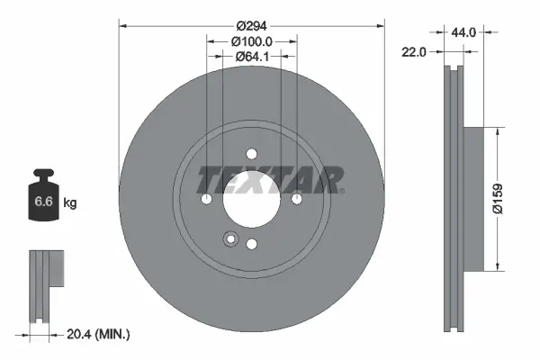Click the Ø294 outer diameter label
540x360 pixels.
252,25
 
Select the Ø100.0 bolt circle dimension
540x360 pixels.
252,41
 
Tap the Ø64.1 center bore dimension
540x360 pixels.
252,58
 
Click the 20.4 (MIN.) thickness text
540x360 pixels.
100,334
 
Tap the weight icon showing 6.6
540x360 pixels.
43,200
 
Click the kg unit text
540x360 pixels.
70,204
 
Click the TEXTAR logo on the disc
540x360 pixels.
270,179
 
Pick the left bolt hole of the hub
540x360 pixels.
207,198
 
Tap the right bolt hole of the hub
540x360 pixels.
297,198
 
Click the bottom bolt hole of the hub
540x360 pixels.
252,244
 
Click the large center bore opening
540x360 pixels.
252,200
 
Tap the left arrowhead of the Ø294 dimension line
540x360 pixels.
123,25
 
